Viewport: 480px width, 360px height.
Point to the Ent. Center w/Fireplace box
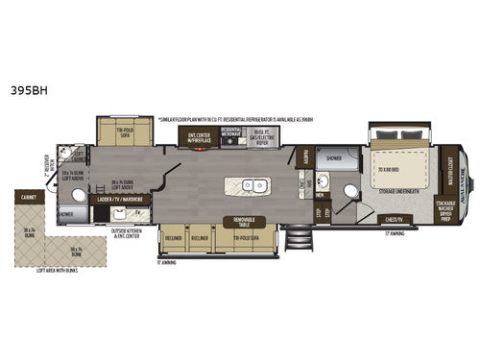(x=198, y=137)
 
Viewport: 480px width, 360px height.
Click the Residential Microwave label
(x=230, y=133)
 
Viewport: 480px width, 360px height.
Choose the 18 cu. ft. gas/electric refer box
(x=259, y=135)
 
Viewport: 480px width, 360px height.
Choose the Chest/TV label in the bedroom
(x=395, y=217)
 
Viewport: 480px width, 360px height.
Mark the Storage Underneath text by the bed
(x=396, y=190)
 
